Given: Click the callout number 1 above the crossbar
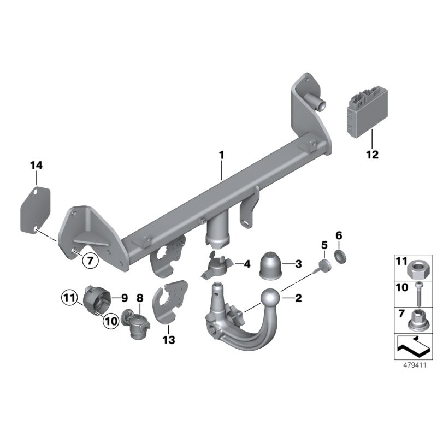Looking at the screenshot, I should [x=222, y=155].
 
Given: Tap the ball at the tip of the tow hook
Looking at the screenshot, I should [x=272, y=298].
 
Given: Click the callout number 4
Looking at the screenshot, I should [x=247, y=264].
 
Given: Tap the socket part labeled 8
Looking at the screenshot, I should [x=135, y=326].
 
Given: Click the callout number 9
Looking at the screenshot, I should [x=123, y=298].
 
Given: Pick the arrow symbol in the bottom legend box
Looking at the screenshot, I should [x=413, y=346].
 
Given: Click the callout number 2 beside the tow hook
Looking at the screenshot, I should [x=298, y=298].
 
